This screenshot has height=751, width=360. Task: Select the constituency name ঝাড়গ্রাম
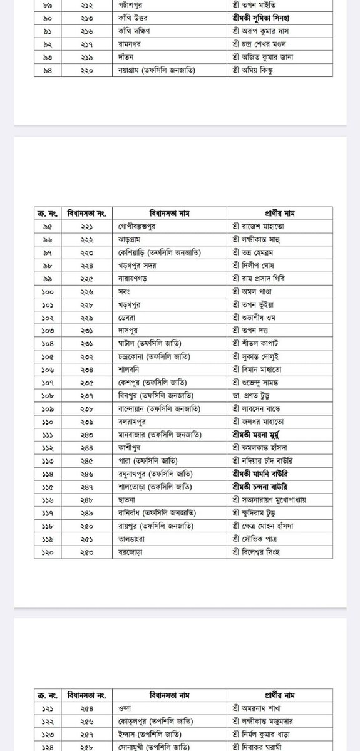tap(130, 239)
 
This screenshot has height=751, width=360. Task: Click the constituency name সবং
tap(125, 291)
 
